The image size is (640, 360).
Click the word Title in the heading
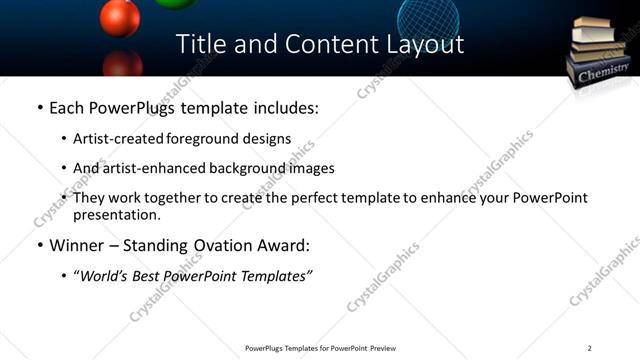pos(199,45)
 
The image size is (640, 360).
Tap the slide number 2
pos(590,348)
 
